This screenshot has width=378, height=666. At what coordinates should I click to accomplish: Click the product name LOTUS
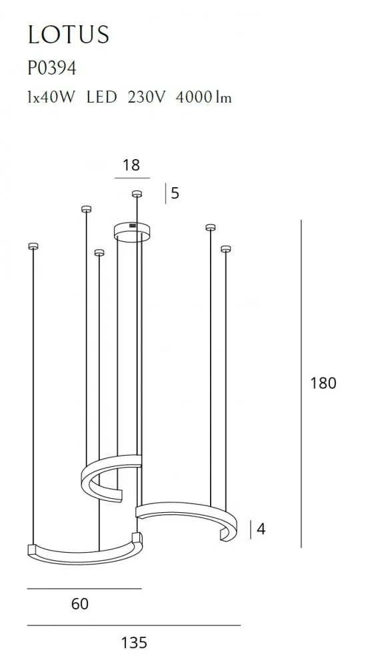tap(69, 35)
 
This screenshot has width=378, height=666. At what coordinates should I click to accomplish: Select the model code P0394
tap(52, 68)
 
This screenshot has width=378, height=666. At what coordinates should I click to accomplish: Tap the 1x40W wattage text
tap(51, 97)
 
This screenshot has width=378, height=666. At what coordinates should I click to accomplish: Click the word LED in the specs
tap(101, 97)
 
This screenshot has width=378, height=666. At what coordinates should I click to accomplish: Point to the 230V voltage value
tap(146, 97)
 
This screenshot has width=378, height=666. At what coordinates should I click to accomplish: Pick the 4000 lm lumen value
tap(204, 97)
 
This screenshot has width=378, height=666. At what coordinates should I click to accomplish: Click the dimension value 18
tap(131, 165)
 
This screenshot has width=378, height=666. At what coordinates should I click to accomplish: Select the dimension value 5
tap(175, 194)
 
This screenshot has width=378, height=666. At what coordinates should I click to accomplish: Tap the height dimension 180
tap(323, 383)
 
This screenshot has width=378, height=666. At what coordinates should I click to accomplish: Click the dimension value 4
tap(261, 529)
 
